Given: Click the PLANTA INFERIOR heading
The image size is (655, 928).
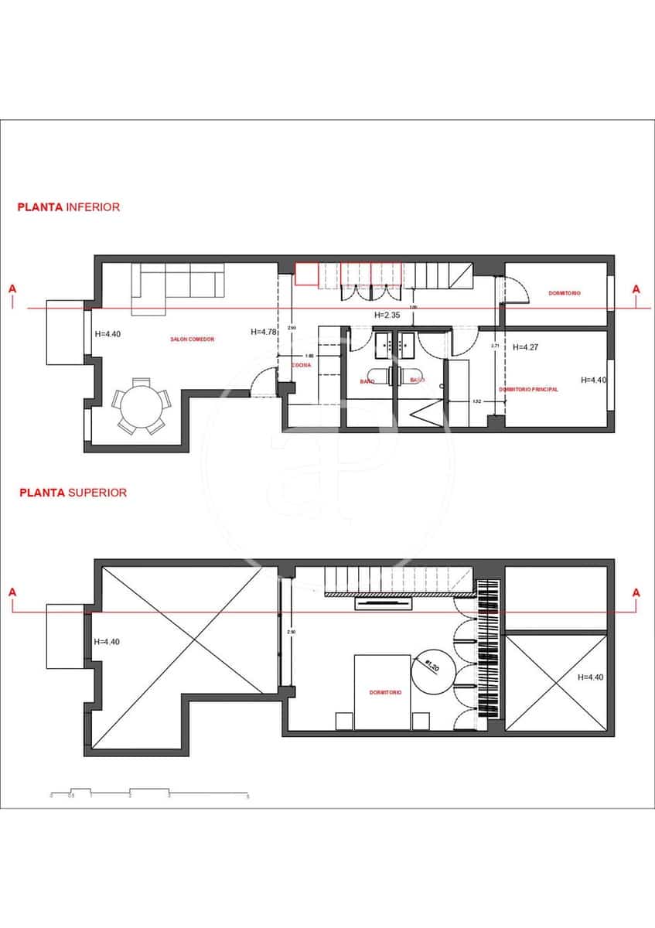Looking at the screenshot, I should coord(69,207).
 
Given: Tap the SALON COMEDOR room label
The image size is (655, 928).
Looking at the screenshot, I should coord(192,339).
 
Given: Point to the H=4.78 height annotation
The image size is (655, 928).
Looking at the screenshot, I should coord(264,332).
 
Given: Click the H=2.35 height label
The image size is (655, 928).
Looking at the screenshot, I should coord(387,316).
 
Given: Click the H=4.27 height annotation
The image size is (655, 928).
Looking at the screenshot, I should coord(525,347).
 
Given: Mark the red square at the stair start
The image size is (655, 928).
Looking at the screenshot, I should coord(307,275).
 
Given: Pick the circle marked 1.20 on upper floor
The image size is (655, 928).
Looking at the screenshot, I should coord(432,668).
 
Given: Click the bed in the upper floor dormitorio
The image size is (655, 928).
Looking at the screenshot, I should coord(382,691).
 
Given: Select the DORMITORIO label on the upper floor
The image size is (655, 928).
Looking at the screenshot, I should coord(384,693).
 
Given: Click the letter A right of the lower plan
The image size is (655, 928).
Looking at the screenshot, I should coord(636,289).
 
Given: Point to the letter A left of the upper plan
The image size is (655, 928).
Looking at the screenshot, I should coord(12,592).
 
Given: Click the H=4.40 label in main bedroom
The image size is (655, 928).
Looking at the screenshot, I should coord(594,380).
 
